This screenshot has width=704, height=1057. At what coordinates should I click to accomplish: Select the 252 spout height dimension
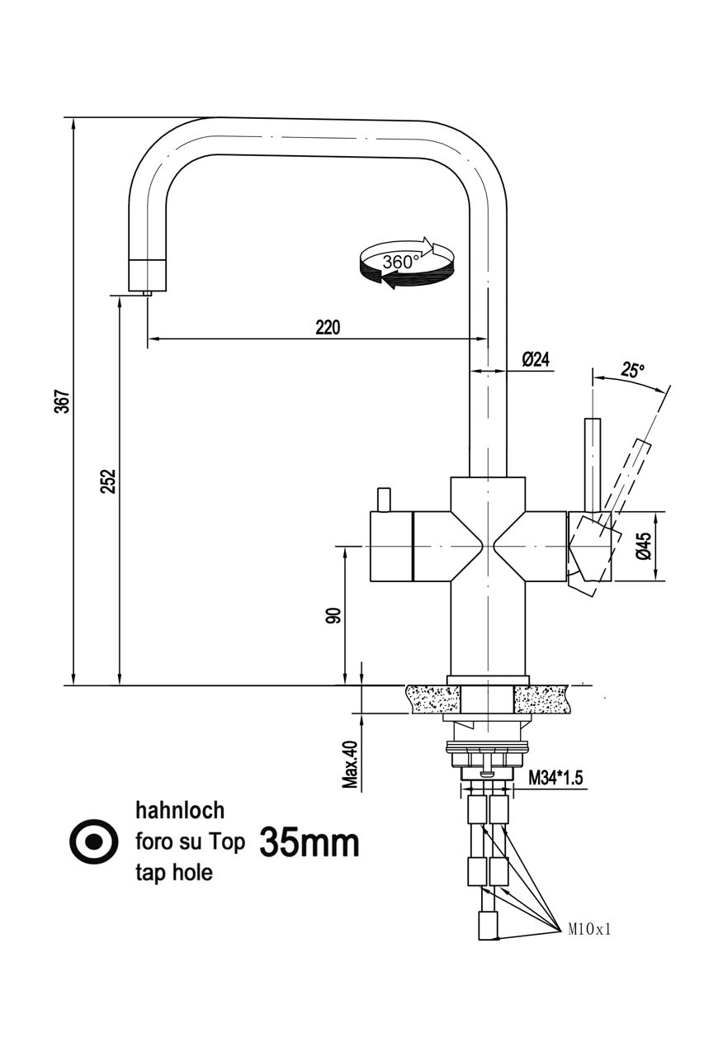coord(108,481)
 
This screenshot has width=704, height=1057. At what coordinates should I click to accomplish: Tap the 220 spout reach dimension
coord(327,327)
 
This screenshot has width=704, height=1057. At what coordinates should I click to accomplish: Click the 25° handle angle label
coord(633,370)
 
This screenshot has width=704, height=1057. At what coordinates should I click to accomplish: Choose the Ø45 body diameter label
coord(645,547)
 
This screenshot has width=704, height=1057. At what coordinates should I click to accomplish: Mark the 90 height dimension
coord(333,615)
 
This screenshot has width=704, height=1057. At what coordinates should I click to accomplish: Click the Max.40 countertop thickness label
coord(351,764)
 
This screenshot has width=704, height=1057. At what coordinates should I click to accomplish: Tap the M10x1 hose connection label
coord(588,929)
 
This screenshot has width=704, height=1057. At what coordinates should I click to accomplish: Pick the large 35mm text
coord(309,842)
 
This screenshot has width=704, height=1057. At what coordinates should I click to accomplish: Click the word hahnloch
coord(179,810)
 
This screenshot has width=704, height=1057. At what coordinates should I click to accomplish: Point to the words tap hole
coord(173,873)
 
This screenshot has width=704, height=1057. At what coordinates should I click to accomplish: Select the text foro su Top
coord(190,842)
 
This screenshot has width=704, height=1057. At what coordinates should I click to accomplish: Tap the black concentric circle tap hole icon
coord(93,841)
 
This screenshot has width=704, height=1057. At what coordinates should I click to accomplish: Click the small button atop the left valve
coord(382,500)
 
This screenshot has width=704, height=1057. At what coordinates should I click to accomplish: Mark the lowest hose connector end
coord(489,927)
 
